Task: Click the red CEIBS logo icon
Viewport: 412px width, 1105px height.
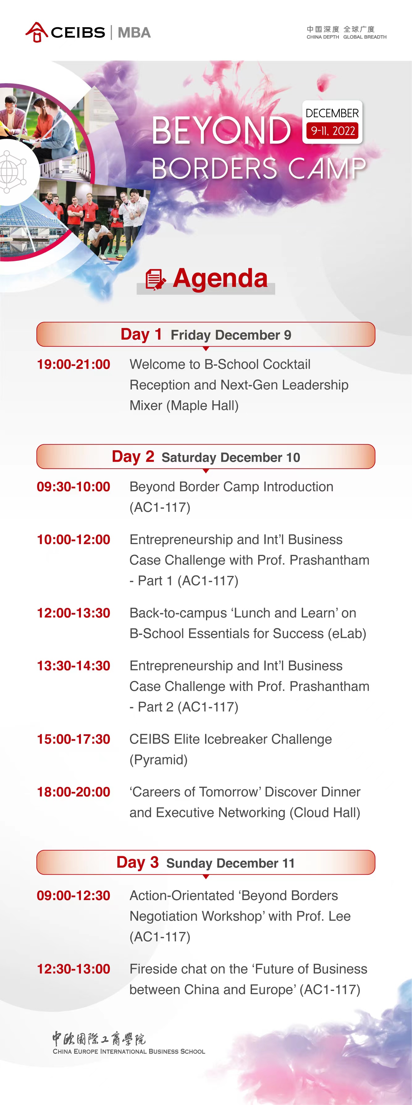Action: (x=36, y=32)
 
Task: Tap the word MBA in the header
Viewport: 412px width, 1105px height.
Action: (x=134, y=32)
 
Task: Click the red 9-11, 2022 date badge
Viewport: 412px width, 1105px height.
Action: (x=333, y=131)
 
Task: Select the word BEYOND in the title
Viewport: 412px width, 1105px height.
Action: (x=221, y=130)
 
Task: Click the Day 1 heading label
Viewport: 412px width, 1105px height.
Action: (x=141, y=334)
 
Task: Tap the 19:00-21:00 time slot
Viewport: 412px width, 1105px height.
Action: (x=73, y=364)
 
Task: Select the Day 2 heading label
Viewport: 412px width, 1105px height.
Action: (x=133, y=457)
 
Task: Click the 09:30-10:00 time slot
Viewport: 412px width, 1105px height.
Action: (x=73, y=487)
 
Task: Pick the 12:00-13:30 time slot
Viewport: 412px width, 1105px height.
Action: (x=73, y=613)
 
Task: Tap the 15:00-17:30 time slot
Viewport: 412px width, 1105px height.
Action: (x=73, y=739)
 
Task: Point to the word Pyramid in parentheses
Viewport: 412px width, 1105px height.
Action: (x=158, y=760)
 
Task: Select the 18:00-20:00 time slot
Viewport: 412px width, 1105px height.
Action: (x=73, y=792)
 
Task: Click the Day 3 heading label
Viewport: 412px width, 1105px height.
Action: (x=138, y=862)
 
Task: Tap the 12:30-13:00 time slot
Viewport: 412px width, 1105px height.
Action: (x=73, y=969)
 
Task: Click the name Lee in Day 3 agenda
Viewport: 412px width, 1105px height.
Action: (x=339, y=916)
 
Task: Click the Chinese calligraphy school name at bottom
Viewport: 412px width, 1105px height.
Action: (x=99, y=1039)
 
